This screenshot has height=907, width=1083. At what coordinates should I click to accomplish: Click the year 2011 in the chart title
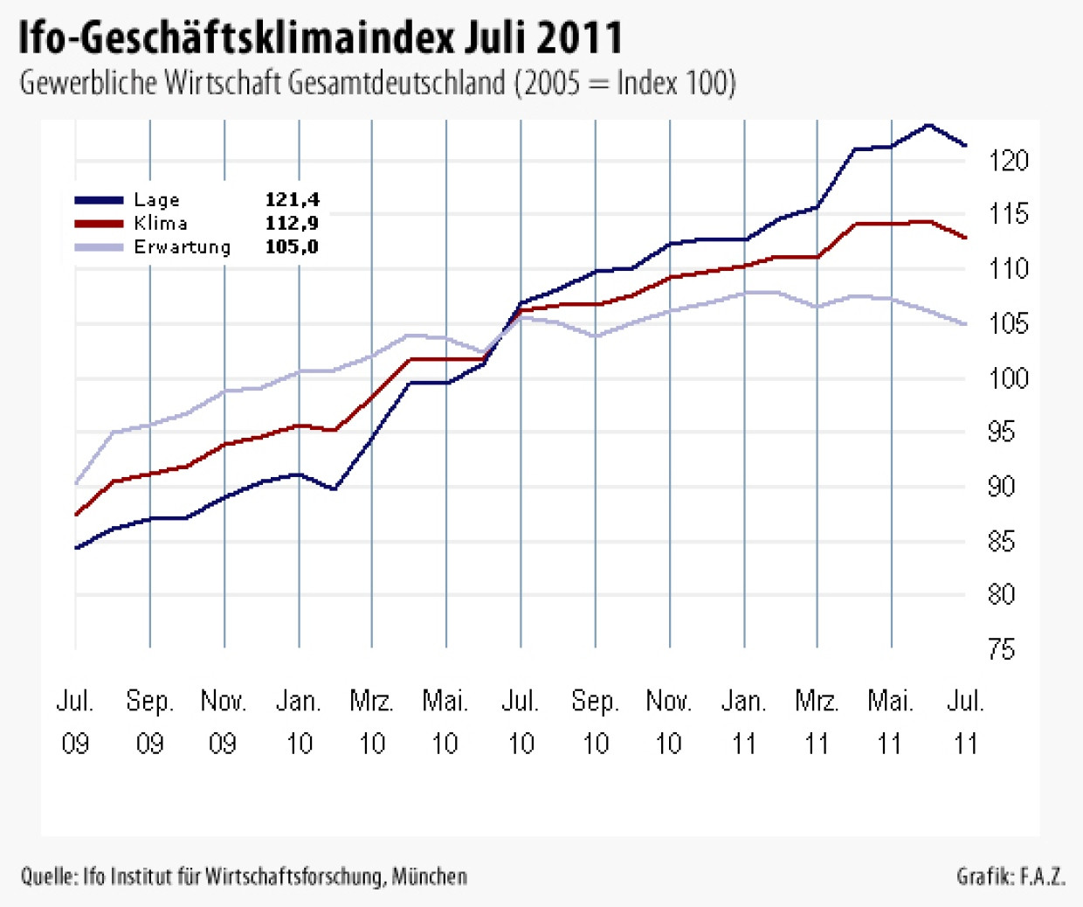[579, 38]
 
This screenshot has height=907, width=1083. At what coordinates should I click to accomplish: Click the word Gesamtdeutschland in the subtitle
[396, 83]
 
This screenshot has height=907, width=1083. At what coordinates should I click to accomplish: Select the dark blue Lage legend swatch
[100, 200]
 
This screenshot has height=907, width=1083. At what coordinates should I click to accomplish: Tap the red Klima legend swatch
[100, 224]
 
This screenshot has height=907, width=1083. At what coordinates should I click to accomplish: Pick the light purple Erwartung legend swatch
[100, 247]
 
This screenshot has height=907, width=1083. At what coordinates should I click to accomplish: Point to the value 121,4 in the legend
[292, 200]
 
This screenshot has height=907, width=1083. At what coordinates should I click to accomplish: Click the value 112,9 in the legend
[292, 224]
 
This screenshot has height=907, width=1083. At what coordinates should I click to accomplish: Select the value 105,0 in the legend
[292, 247]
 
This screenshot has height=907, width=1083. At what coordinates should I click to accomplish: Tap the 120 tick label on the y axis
[1009, 161]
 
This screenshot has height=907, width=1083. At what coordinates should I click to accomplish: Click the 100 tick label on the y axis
[1009, 378]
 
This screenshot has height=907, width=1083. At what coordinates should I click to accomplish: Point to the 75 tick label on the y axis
[1002, 650]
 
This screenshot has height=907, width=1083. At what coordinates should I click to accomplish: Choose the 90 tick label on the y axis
[1002, 487]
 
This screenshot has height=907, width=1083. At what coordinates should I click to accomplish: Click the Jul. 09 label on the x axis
[75, 722]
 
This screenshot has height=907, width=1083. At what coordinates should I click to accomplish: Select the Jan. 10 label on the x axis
[299, 722]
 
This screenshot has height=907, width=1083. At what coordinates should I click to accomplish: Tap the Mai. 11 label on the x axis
[890, 722]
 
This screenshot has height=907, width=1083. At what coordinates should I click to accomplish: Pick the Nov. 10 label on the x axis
[668, 722]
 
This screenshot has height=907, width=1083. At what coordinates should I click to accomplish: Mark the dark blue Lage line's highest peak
[928, 125]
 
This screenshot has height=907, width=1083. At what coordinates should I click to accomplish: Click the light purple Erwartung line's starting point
[76, 483]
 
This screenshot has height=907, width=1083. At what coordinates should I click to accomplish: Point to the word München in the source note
[429, 876]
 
